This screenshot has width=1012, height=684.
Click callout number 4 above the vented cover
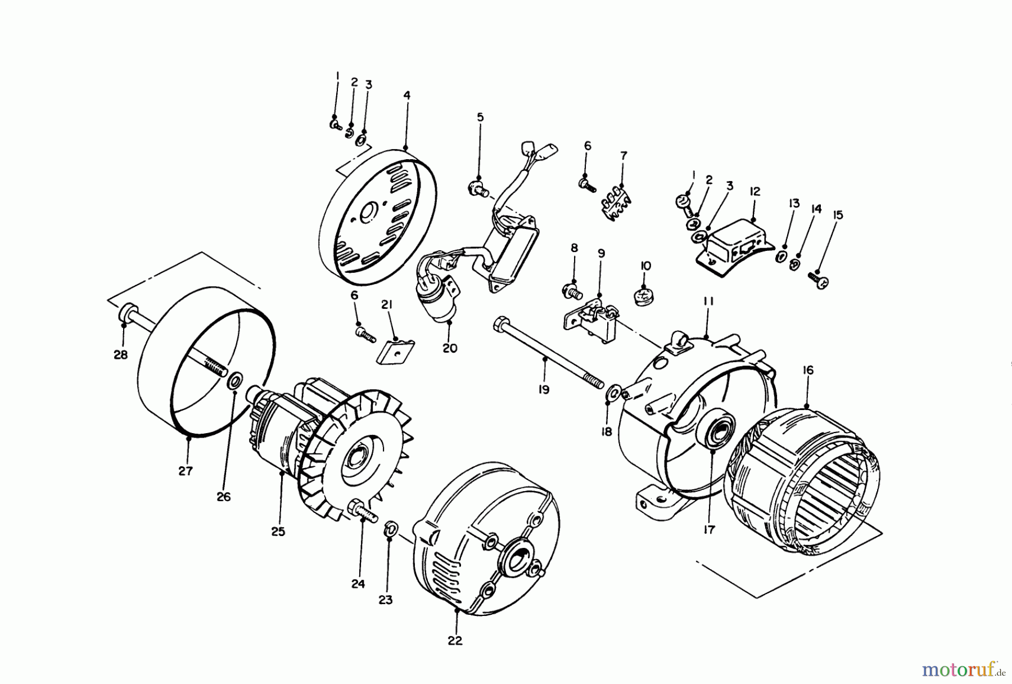(x=406, y=96)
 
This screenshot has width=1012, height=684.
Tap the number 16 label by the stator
(x=808, y=370)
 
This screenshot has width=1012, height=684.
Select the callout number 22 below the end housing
(x=455, y=641)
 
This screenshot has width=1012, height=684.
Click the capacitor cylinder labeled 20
(x=441, y=304)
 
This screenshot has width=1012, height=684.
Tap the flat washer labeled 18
(x=613, y=391)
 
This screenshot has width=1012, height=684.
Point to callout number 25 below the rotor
(x=278, y=531)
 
